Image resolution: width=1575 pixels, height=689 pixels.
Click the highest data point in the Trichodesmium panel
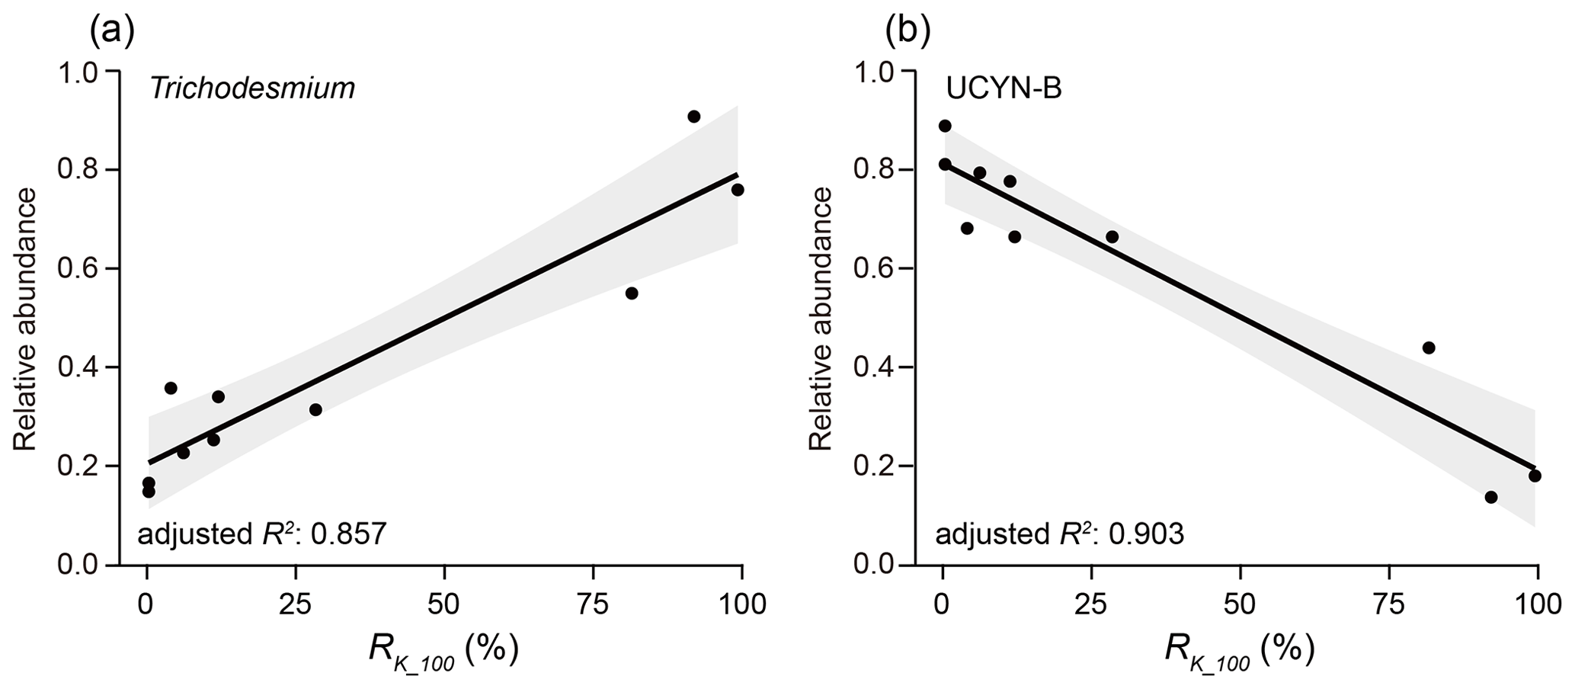pyautogui.click(x=693, y=117)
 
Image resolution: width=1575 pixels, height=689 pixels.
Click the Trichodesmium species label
pyautogui.click(x=252, y=89)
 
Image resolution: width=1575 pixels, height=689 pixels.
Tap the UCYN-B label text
pyautogui.click(x=1004, y=89)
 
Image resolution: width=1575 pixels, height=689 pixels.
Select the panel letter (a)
pyautogui.click(x=112, y=31)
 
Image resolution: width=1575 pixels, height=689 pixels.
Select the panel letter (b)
pyautogui.click(x=909, y=31)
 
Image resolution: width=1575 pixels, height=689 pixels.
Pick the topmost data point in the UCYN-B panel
pyautogui.click(x=945, y=126)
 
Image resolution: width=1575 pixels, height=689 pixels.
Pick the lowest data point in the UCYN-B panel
pyautogui.click(x=1491, y=497)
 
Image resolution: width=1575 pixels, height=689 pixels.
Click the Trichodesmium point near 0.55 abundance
pyautogui.click(x=631, y=293)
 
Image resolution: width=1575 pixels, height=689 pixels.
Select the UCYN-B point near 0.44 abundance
pyautogui.click(x=1429, y=348)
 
